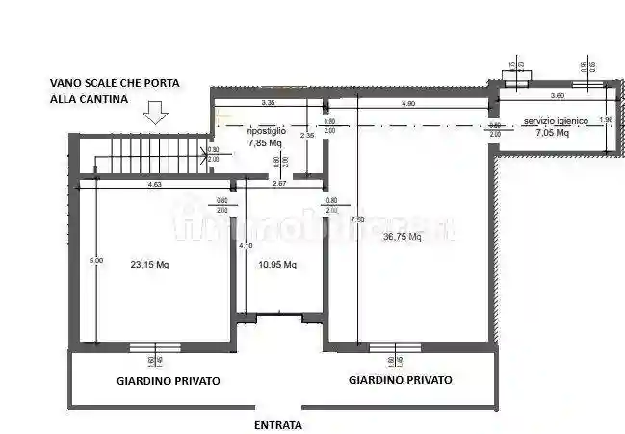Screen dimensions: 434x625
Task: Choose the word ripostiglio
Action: (265, 131)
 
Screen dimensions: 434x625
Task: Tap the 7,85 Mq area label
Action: (265, 142)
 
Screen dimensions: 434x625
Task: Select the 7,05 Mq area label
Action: (552, 134)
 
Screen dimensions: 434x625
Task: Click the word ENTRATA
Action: (278, 424)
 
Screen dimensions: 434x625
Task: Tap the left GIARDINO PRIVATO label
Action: (169, 381)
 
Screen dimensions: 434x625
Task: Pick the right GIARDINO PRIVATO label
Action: (401, 380)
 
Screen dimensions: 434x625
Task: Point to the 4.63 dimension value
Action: (154, 183)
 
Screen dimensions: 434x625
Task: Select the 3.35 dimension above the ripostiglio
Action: (268, 102)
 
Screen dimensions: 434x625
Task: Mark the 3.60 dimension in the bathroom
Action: (557, 96)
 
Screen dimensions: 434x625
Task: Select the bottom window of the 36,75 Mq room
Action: (395, 347)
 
